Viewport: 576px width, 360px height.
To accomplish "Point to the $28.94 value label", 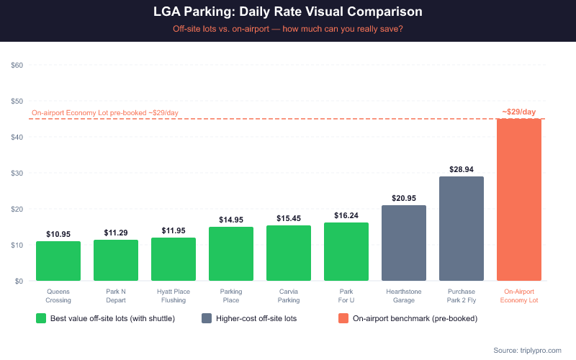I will (462, 168).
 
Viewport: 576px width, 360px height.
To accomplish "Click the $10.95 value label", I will (58, 234).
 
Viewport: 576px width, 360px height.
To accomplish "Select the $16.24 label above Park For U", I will (346, 215).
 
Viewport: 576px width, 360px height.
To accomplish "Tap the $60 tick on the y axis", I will (17, 65).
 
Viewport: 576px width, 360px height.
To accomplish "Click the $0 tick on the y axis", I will (19, 281).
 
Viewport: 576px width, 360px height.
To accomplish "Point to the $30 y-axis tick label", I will (17, 173).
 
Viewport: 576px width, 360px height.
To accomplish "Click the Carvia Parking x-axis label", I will (289, 295).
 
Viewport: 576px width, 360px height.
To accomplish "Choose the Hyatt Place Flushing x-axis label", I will (174, 295).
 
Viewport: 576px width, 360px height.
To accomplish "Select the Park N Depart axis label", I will (116, 295).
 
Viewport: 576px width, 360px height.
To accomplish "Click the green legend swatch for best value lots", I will (41, 318).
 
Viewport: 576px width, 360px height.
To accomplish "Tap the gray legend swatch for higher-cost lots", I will (207, 318).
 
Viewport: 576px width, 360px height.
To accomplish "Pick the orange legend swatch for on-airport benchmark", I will (343, 318).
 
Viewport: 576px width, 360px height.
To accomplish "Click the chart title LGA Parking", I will (288, 12).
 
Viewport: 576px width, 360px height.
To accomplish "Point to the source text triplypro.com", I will (527, 350).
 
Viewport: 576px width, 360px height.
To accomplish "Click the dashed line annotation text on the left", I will (105, 113).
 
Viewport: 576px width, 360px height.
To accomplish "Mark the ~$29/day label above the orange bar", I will (519, 112).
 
